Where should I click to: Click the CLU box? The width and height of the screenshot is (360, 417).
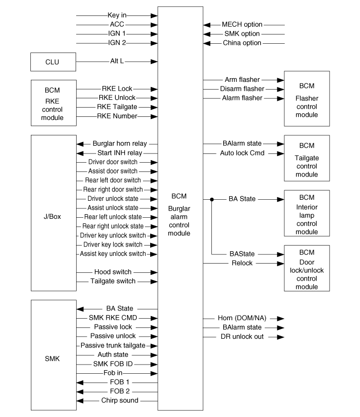tap(53, 62)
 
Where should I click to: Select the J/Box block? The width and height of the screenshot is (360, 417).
tap(53, 213)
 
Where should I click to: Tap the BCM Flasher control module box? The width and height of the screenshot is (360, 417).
tap(307, 99)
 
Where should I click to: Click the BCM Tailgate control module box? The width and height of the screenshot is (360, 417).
tap(307, 158)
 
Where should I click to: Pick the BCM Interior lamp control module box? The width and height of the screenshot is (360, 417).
tap(307, 213)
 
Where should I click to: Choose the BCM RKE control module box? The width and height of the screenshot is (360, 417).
tap(53, 103)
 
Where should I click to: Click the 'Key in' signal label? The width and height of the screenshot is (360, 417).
tap(117, 15)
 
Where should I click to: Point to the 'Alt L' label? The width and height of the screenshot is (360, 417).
tap(117, 61)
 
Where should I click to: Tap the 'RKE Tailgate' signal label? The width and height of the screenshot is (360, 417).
tap(117, 107)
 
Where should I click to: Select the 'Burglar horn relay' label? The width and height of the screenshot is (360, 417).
tap(120, 144)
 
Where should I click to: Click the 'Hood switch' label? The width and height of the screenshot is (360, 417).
tap(113, 272)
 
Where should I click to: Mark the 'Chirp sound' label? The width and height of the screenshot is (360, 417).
tap(120, 400)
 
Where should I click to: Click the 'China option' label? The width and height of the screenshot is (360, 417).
tap(242, 43)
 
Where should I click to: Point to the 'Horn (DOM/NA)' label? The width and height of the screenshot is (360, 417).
tap(242, 318)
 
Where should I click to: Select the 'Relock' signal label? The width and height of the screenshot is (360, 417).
tap(242, 263)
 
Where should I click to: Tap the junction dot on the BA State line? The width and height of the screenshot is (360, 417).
tap(212, 199)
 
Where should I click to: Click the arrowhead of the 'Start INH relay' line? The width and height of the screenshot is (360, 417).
tap(80, 153)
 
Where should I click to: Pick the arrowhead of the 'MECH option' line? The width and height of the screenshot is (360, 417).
tap(207, 25)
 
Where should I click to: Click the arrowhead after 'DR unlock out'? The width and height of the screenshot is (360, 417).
tap(281, 337)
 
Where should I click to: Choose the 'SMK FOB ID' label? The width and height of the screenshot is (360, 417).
tap(113, 364)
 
